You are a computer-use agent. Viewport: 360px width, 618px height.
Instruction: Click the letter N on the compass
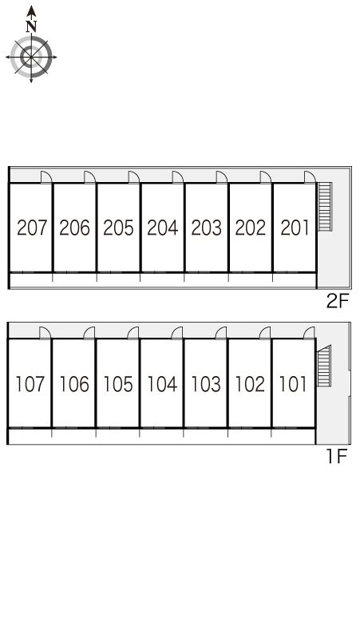(x=31, y=26)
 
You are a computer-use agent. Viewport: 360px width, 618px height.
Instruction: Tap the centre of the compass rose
(x=31, y=57)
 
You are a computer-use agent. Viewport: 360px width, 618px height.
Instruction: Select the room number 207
(x=31, y=228)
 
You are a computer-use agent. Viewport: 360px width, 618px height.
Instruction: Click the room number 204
(x=162, y=228)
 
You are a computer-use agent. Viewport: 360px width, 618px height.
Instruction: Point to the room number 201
(x=295, y=228)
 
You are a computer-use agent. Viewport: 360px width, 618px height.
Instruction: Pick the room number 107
(x=30, y=384)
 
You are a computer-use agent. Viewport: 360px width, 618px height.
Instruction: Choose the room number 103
(x=206, y=384)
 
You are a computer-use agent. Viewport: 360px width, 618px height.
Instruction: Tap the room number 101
(x=293, y=384)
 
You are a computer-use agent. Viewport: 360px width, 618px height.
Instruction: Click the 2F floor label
(x=338, y=302)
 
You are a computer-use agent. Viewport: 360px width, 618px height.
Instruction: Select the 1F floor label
(x=336, y=457)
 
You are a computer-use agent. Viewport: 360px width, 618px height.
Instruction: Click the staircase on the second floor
(x=325, y=207)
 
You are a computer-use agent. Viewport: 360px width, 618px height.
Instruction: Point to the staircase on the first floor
(x=324, y=366)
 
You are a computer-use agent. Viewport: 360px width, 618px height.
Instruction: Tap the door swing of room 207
(x=46, y=177)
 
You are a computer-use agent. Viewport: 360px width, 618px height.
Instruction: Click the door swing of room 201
(x=310, y=177)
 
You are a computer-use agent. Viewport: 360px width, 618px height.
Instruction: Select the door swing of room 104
(x=177, y=333)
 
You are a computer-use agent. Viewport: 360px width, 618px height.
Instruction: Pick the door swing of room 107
(x=45, y=333)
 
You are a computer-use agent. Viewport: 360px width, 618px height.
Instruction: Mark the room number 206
(x=74, y=228)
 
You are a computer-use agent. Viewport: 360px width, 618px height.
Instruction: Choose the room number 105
(x=118, y=384)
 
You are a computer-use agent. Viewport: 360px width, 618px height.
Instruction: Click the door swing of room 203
(x=222, y=177)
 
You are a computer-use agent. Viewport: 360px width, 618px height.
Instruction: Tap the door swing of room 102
(x=265, y=333)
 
